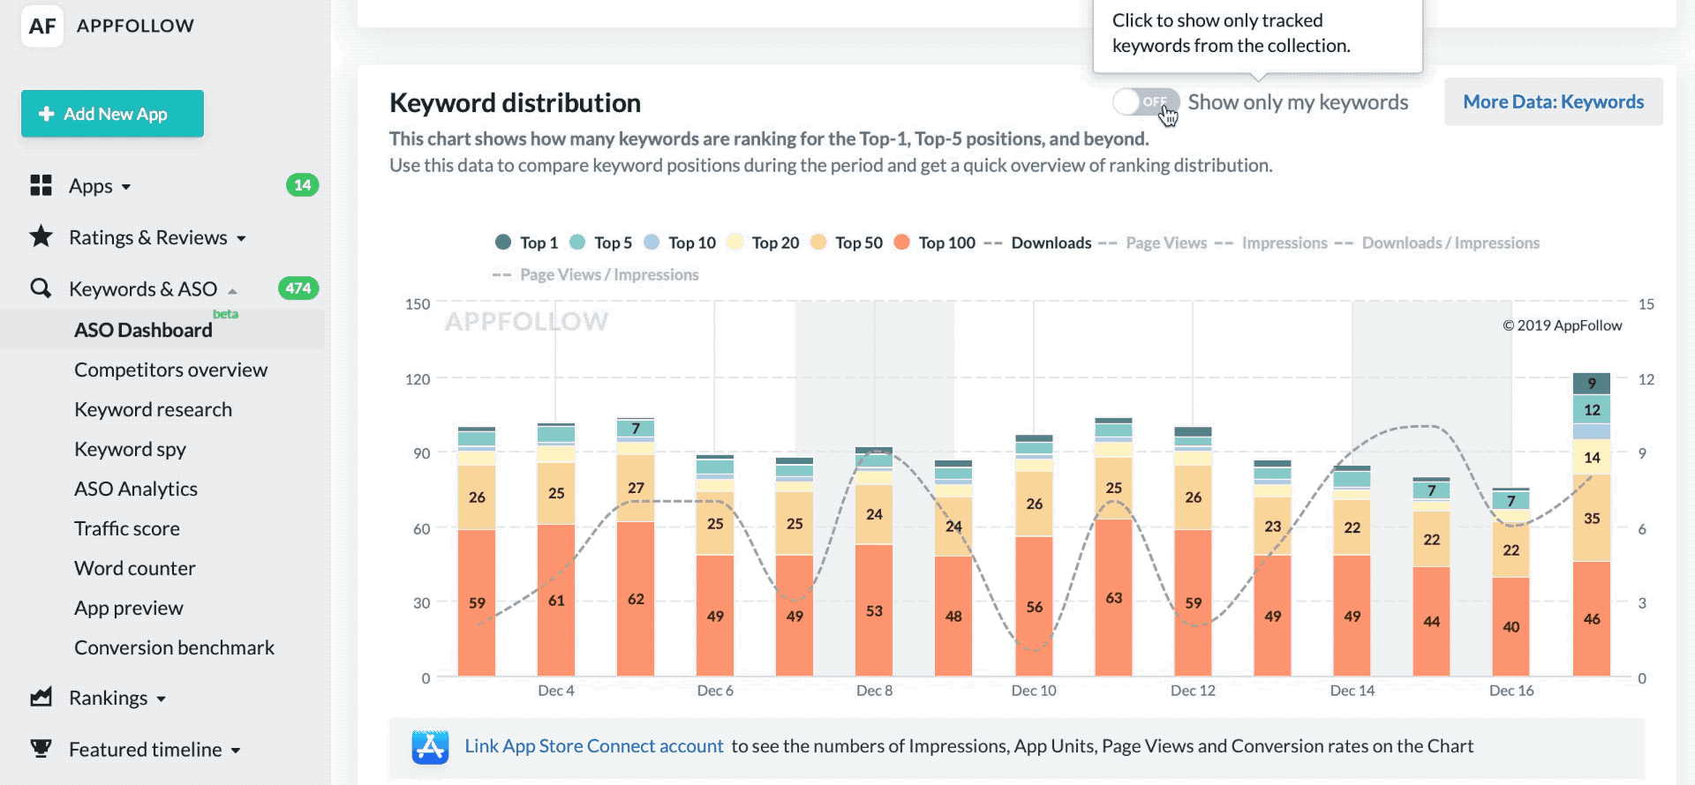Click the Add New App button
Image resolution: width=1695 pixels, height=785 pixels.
112,114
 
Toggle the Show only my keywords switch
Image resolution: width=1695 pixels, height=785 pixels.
1145,101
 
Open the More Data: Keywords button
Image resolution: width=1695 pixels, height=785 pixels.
1553,101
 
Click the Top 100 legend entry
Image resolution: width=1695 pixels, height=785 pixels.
936,243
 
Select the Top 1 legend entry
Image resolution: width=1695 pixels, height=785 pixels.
527,243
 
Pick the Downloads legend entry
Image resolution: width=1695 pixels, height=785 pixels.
1040,243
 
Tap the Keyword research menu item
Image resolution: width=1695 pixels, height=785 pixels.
153,409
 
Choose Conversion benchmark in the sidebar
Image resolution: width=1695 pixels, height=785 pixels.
174,647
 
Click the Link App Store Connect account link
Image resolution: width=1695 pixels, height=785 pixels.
593,746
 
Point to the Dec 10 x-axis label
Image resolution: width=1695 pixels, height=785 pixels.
1034,691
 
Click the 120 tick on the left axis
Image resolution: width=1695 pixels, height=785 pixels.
418,379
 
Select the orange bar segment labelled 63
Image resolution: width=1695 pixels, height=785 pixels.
1113,598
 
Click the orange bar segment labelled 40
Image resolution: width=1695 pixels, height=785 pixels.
1510,626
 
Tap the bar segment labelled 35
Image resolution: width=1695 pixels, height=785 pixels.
1591,519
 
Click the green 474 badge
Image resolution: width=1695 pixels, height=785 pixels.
298,288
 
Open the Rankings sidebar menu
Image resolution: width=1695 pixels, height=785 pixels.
109,698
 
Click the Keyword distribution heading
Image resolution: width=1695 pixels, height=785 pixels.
515,103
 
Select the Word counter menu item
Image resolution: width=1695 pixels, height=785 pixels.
134,568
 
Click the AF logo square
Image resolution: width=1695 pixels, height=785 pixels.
41,26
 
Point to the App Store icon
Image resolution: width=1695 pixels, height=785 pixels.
430,747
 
